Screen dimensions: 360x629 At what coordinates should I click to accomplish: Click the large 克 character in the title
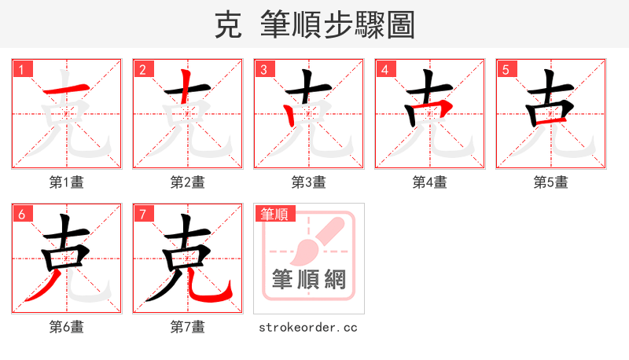pyautogui.click(x=228, y=25)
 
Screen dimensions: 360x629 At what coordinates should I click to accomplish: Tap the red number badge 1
pyautogui.click(x=21, y=70)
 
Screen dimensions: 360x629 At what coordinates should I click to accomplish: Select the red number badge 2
pyautogui.click(x=142, y=70)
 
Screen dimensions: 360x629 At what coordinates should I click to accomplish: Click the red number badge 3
pyautogui.click(x=263, y=70)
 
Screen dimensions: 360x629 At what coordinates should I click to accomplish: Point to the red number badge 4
pyautogui.click(x=384, y=70)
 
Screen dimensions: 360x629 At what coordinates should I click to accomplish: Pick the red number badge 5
pyautogui.click(x=506, y=70)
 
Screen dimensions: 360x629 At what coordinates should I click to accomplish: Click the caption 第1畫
pyautogui.click(x=67, y=182)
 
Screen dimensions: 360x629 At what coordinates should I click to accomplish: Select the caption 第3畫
pyautogui.click(x=309, y=182)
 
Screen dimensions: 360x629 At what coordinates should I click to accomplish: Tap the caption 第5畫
pyautogui.click(x=551, y=182)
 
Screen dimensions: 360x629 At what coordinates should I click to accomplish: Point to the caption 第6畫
pyautogui.click(x=67, y=326)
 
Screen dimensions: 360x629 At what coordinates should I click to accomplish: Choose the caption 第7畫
pyautogui.click(x=188, y=326)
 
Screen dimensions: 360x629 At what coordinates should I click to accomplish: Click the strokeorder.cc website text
pyautogui.click(x=308, y=326)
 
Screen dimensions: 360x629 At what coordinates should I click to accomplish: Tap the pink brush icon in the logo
pyautogui.click(x=314, y=240)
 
